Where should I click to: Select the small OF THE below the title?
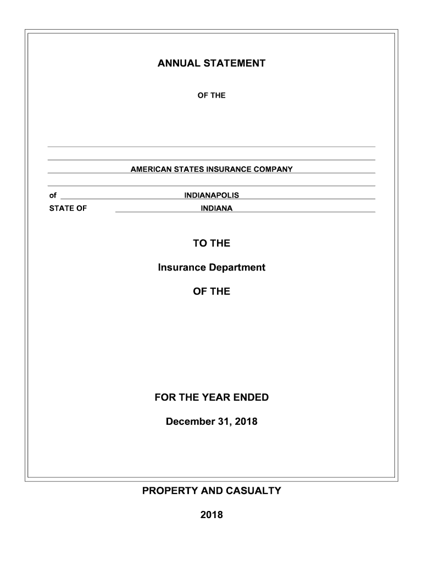pos(211,95)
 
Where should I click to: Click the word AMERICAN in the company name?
pos(149,170)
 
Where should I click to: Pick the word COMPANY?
pos(273,170)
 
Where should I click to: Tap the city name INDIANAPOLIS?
pos(211,195)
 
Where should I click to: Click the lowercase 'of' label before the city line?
pos(53,195)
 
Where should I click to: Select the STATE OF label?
pos(68,209)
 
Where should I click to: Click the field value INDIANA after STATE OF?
pos(216,209)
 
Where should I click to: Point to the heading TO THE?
pos(211,243)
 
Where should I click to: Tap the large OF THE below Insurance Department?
pos(211,291)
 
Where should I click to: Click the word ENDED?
pos(251,397)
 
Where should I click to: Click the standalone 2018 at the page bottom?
pos(211,515)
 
